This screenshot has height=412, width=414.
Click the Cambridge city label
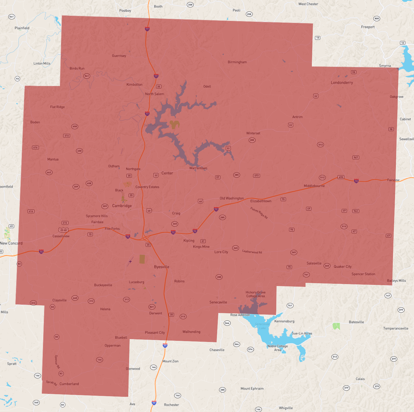point(122,206)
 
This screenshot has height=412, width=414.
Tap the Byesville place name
point(162,267)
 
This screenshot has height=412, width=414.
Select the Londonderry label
point(342,83)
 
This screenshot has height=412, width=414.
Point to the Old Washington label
point(232,198)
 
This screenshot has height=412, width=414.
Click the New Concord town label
point(11,243)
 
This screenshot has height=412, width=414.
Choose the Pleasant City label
point(155,333)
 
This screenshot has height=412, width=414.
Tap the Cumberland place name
point(69,384)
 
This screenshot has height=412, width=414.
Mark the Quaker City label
point(343,267)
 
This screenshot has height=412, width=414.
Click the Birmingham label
point(237,62)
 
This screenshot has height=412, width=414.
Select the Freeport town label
point(368,27)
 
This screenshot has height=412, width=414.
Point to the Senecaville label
point(218,302)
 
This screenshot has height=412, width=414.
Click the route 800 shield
point(377,18)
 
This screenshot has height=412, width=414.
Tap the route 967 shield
point(356,157)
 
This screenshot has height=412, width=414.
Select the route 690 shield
point(341,177)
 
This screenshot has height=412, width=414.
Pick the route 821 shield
point(152,307)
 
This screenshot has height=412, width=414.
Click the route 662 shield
point(49,172)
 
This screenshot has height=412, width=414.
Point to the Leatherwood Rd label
point(252,252)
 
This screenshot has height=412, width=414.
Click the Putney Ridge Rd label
point(259,213)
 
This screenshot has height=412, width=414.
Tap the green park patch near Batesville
point(336,326)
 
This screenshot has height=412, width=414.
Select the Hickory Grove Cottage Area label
point(255,294)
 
